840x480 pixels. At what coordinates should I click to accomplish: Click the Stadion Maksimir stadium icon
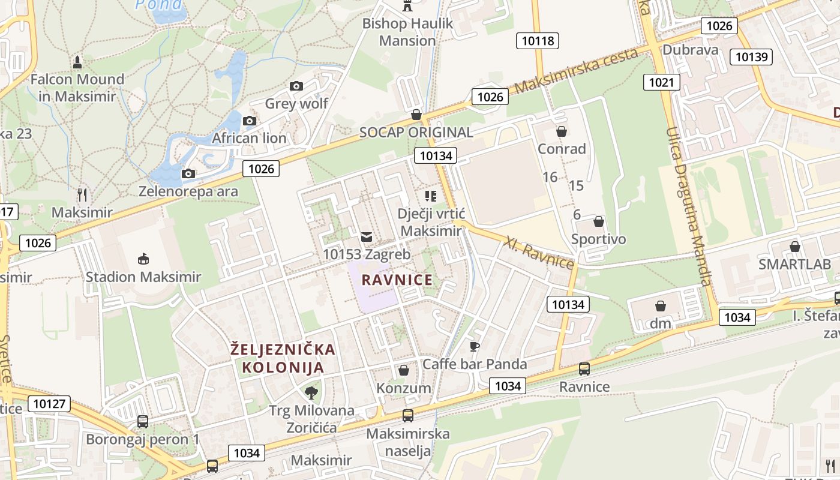[x=143, y=259]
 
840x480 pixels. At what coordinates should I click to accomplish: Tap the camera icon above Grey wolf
[x=296, y=86]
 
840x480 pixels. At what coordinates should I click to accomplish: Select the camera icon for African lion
[x=250, y=121]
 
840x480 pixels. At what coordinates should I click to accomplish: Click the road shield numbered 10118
[x=538, y=41]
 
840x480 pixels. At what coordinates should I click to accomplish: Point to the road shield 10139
[x=751, y=57]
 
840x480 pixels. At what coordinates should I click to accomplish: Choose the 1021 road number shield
[x=661, y=82]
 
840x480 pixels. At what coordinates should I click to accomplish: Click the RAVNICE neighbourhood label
[x=397, y=280]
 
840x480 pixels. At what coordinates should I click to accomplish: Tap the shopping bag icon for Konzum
[x=404, y=370]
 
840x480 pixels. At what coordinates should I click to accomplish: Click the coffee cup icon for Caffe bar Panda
[x=475, y=346]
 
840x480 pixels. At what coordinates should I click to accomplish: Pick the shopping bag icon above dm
[x=661, y=306]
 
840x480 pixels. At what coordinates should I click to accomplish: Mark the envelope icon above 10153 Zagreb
[x=366, y=237]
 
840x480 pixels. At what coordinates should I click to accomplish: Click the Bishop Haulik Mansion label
[x=407, y=32]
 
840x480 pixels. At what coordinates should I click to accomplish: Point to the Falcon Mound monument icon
[x=77, y=61]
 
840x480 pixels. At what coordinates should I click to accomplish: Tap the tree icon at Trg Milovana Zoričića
[x=311, y=393]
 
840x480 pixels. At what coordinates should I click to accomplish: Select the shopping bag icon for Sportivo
[x=598, y=222]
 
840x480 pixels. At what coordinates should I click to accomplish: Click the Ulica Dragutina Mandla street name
[x=689, y=207]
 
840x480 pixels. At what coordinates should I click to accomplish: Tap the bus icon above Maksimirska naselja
[x=408, y=415]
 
